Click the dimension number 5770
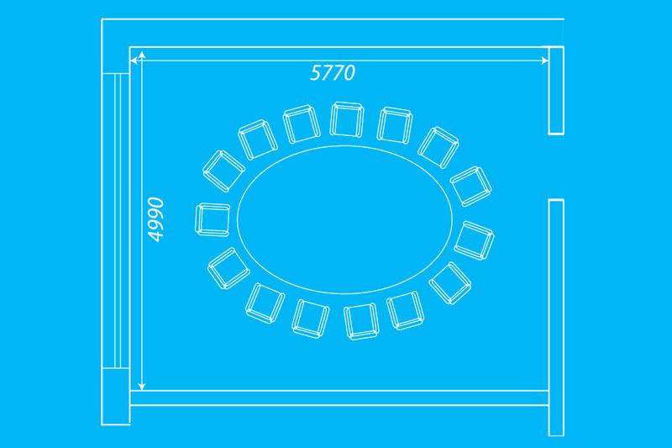click(333, 73)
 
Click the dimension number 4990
click(155, 220)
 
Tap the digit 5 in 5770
click(316, 73)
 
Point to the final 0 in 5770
click(349, 73)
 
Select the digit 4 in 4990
click(155, 235)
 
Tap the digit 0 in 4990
click(155, 204)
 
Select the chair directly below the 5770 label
click(346, 119)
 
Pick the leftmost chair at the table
click(213, 219)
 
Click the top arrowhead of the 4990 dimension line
click(142, 56)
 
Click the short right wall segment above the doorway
click(556, 90)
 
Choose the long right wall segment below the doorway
click(556, 317)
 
